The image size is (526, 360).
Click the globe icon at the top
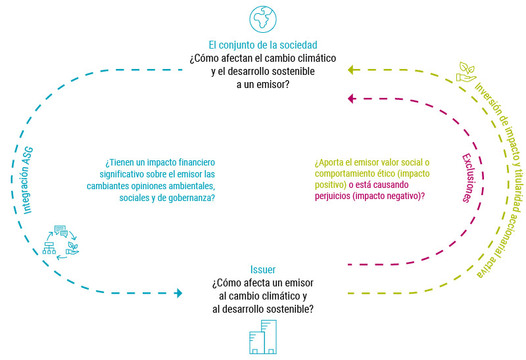tap(263, 19)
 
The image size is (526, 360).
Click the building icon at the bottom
tap(263, 338)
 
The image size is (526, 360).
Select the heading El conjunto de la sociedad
tap(263, 45)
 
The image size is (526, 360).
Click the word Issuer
tap(263, 269)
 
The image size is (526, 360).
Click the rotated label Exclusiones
tap(466, 177)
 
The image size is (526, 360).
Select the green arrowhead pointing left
tap(351, 70)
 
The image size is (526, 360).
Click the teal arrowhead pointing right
tap(178, 293)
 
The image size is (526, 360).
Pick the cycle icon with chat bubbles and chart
tap(59, 242)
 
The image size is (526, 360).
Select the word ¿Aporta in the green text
tap(330, 162)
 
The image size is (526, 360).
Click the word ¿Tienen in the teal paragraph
tap(120, 162)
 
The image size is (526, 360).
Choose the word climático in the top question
tap(315, 58)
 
